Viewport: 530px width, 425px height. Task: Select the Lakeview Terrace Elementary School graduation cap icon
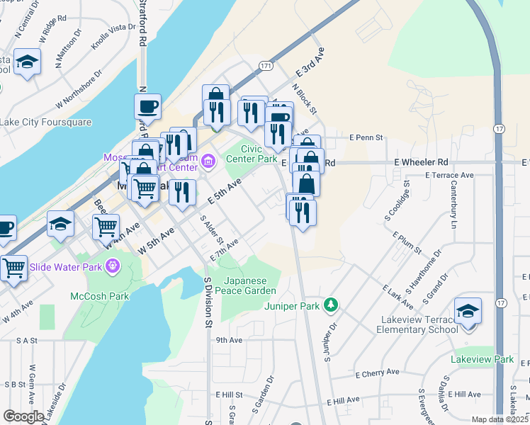click(x=468, y=312)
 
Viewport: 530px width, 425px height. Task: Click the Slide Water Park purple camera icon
click(x=112, y=266)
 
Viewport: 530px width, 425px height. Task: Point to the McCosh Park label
click(x=91, y=295)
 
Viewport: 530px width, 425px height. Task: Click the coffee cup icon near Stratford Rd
click(x=147, y=107)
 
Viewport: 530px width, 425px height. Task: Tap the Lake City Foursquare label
click(x=46, y=122)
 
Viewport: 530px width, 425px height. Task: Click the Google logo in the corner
click(x=23, y=416)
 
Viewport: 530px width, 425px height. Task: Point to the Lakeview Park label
click(x=482, y=360)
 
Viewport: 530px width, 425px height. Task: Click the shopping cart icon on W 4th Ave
click(x=106, y=227)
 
